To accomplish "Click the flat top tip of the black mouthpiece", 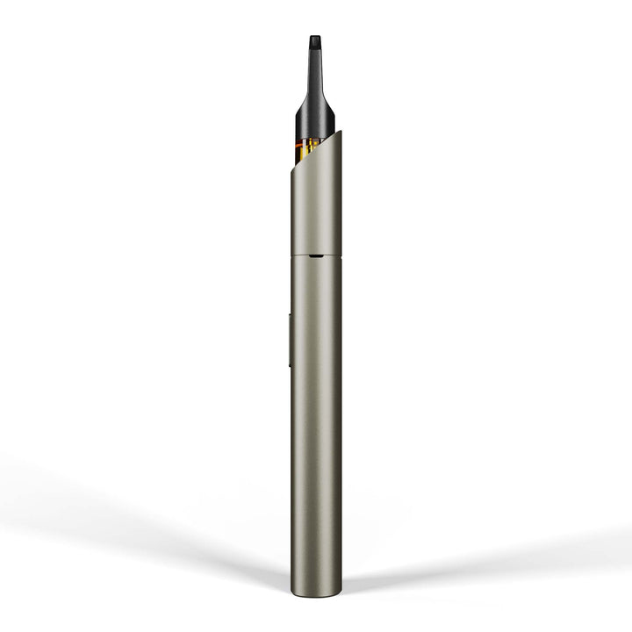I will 315,38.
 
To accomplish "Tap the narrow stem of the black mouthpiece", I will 315,66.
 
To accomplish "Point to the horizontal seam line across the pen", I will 303,256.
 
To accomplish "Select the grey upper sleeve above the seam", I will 316,211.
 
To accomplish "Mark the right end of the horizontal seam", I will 341,256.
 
